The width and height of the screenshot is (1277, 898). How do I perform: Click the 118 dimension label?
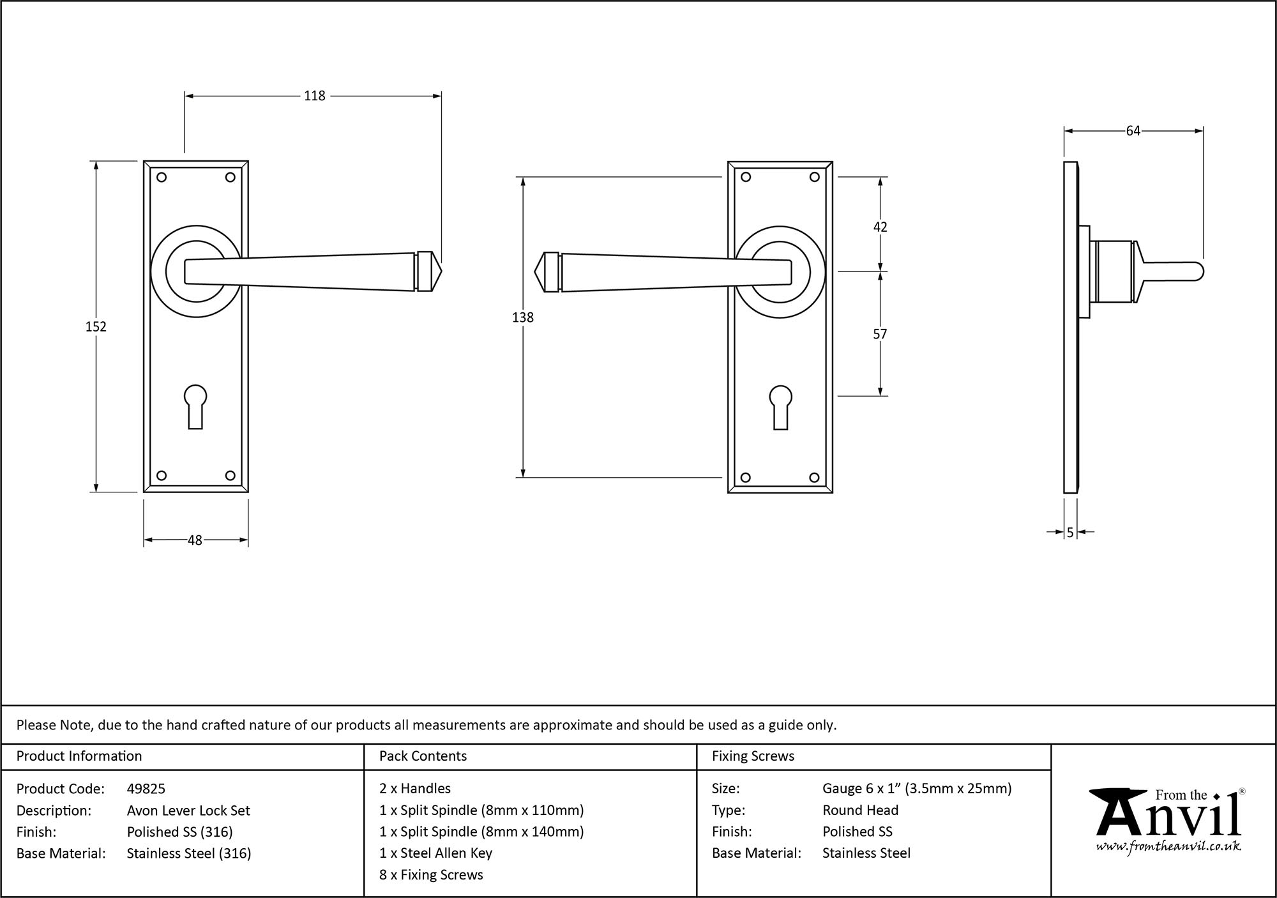pyautogui.click(x=314, y=96)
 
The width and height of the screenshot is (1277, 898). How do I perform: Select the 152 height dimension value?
pyautogui.click(x=96, y=326)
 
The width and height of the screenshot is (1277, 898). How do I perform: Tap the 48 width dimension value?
pyautogui.click(x=195, y=540)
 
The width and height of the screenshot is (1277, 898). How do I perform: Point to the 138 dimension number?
pyautogui.click(x=522, y=317)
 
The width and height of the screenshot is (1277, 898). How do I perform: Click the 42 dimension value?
pyautogui.click(x=880, y=227)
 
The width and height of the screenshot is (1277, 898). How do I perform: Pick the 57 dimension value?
pyautogui.click(x=880, y=334)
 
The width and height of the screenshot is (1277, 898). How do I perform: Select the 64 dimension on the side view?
pyautogui.click(x=1133, y=131)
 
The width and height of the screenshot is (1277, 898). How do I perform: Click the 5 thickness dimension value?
pyautogui.click(x=1070, y=532)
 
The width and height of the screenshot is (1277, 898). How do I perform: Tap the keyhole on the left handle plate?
pyautogui.click(x=195, y=405)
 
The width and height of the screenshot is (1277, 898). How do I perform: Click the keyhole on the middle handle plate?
pyautogui.click(x=780, y=406)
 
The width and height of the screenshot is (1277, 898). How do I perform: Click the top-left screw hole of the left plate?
pyautogui.click(x=162, y=178)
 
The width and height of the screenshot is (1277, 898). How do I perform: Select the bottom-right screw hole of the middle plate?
pyautogui.click(x=814, y=477)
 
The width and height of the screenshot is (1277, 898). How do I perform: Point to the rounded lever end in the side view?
pyautogui.click(x=1198, y=272)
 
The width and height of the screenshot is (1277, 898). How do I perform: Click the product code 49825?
pyautogui.click(x=146, y=789)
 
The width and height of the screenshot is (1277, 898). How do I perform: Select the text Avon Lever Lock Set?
pyautogui.click(x=188, y=810)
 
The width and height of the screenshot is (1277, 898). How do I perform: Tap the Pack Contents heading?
pyautogui.click(x=423, y=756)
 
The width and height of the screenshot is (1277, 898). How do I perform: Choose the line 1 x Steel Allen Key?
pyautogui.click(x=435, y=853)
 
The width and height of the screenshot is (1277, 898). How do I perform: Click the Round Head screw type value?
pyautogui.click(x=860, y=810)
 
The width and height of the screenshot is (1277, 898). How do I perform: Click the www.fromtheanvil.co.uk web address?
pyautogui.click(x=1168, y=847)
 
